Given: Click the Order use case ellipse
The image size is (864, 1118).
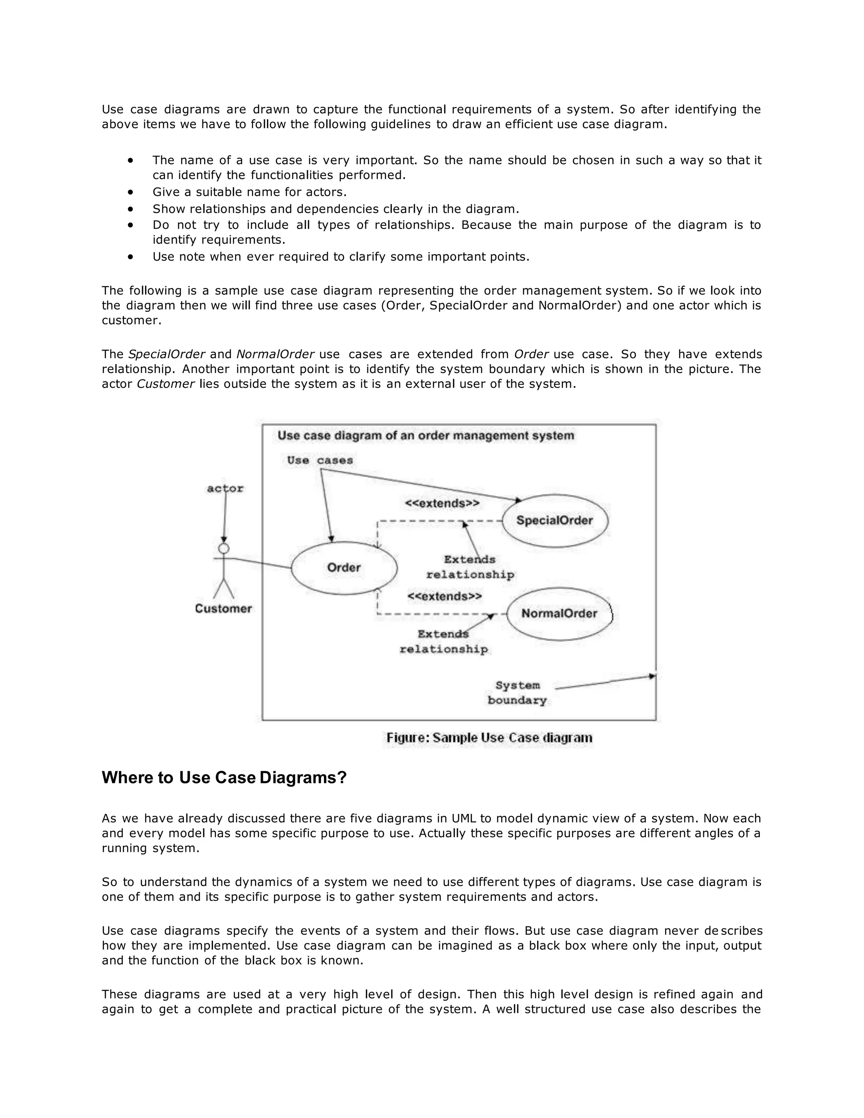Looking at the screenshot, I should coord(344,568).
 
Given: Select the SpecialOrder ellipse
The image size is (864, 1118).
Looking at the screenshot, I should coord(554,521).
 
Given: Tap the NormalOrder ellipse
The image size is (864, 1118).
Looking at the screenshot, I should coord(559,614).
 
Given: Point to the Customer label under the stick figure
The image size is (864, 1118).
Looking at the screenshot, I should coord(223,609).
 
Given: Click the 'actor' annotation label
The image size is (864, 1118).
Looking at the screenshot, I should coord(225,489).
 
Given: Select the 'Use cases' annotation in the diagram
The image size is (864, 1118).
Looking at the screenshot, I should coord(320,460).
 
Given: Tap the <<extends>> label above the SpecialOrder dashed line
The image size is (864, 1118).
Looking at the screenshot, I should coord(442,503).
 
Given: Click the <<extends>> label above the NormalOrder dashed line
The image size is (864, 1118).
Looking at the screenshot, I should coord(444,597).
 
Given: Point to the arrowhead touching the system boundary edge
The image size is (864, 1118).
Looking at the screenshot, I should coord(652,676).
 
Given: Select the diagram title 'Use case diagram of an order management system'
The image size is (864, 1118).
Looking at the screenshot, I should coord(426,436).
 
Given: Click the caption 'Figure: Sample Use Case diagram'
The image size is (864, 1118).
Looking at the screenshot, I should coord(489,737).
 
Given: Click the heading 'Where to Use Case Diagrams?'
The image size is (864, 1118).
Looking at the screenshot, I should coord(224,778).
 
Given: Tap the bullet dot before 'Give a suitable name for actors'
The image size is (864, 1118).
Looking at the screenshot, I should coord(131,192).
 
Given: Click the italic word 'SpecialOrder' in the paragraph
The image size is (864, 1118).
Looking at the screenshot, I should coord(166,354).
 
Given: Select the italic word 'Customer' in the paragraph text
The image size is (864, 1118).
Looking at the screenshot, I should coord(166,384).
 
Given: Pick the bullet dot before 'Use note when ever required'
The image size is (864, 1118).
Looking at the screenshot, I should coord(131,257).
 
